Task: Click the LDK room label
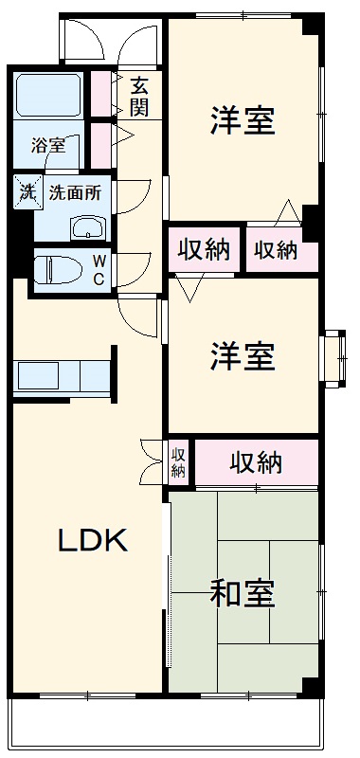pos(93,539)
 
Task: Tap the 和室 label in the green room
pos(243,594)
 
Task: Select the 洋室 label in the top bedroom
pos(243,120)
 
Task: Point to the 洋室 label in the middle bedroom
pos(243,357)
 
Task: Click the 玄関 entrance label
pos(139,96)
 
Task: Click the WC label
pos(98,269)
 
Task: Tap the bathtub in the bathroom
pos(51,98)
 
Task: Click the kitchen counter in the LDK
pos(61,375)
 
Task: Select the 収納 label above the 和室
pos(256,463)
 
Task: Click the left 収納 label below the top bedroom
pos(204,249)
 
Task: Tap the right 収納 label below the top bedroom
pos(276,249)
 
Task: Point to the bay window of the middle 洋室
pos(334,357)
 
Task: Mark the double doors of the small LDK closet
pos(152,461)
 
